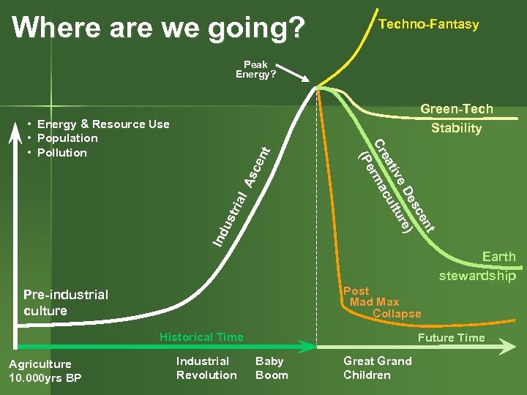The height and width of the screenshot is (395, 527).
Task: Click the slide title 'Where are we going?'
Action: (x=159, y=27)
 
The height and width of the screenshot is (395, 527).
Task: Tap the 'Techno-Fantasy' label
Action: (x=428, y=24)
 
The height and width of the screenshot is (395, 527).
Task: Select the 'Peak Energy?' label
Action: (x=255, y=69)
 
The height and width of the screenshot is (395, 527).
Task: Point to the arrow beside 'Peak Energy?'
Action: (x=297, y=73)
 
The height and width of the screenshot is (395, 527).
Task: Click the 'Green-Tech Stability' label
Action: (x=456, y=118)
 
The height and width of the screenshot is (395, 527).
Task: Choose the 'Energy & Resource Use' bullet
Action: (x=102, y=124)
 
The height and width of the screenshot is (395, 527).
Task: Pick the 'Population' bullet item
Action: (x=67, y=138)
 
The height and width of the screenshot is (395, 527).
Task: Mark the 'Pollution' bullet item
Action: (x=61, y=153)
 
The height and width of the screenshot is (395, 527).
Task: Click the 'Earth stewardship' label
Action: (x=479, y=266)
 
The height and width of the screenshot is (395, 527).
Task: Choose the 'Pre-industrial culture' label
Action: (x=65, y=302)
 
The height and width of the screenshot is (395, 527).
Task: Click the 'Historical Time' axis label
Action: (x=201, y=337)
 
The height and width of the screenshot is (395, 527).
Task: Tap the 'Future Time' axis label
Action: (x=451, y=338)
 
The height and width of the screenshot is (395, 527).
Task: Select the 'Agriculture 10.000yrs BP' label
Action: (x=45, y=371)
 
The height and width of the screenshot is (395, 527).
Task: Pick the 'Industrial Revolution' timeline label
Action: (x=206, y=368)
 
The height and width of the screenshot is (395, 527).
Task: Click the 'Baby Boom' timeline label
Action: (x=272, y=368)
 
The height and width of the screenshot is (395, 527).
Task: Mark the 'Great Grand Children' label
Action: (x=377, y=368)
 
